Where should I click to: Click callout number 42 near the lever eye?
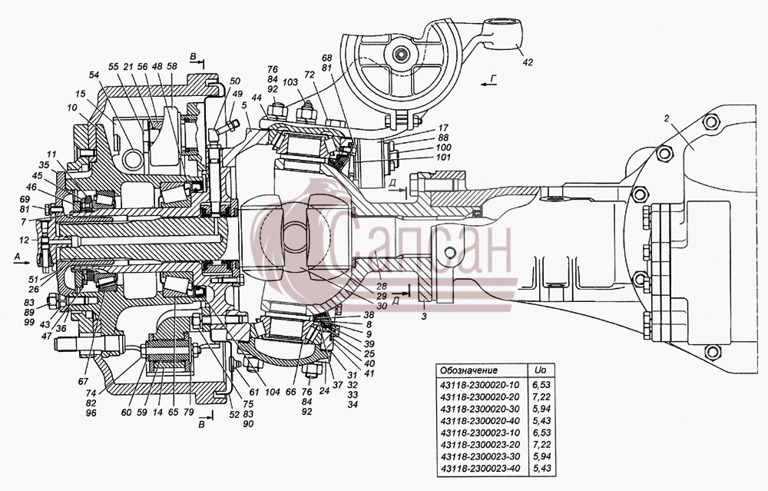click(527, 62)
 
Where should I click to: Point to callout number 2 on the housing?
click(667, 118)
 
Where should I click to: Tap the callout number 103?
click(290, 83)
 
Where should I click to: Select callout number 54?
click(94, 75)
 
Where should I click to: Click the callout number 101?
click(443, 157)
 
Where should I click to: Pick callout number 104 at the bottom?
click(273, 392)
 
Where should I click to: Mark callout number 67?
click(83, 381)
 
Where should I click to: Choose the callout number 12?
click(25, 240)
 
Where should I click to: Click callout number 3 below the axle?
click(424, 317)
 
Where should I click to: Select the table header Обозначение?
click(468, 370)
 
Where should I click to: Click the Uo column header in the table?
click(541, 370)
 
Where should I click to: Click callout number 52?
click(234, 414)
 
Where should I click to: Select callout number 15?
click(80, 93)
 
